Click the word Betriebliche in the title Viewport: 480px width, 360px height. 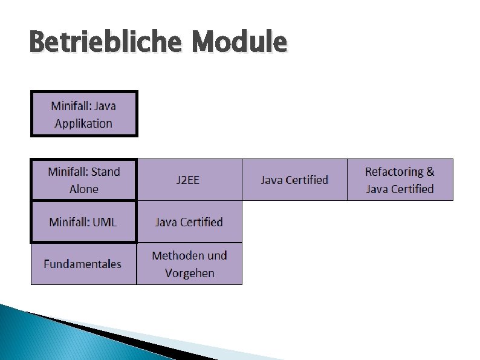(105, 43)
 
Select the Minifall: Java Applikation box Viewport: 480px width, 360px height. (84, 114)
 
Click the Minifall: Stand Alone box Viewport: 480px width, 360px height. (84, 180)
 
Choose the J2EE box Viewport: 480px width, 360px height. (189, 180)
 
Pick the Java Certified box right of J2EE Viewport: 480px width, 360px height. (294, 180)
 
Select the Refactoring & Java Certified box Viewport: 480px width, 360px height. (400, 180)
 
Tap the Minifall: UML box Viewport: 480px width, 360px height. (84, 221)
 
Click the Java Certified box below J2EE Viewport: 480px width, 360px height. (189, 221)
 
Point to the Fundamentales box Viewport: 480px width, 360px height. (83, 264)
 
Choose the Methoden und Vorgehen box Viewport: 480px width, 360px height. (189, 264)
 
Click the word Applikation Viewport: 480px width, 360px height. (83, 123)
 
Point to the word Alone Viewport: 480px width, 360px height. (84, 189)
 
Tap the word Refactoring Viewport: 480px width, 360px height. (394, 171)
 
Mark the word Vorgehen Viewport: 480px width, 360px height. (189, 273)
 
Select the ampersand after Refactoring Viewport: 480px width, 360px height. (430, 171)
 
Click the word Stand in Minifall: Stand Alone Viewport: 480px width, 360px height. (105, 172)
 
